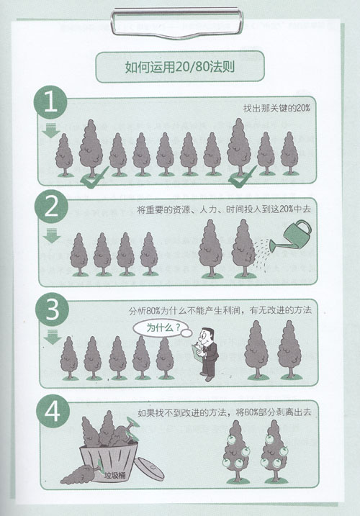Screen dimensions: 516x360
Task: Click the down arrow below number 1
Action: point(51,132)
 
